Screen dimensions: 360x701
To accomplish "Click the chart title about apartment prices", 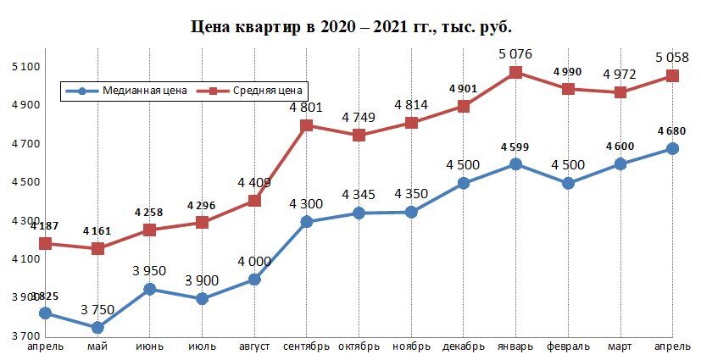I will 351,27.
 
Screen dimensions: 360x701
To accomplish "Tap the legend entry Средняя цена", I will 260,91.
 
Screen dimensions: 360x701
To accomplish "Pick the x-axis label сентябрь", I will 305,346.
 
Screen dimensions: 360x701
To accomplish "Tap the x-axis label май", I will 97,346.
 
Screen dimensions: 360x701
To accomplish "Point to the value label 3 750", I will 97,310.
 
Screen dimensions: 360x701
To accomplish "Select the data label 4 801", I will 305,108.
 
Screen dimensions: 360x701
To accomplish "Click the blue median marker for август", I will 254,280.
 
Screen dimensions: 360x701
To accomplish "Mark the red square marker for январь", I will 515,73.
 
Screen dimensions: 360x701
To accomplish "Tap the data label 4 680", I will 670,131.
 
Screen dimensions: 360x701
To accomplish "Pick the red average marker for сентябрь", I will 306,125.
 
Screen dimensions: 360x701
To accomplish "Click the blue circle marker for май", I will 97,328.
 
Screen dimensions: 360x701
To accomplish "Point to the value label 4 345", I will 359,195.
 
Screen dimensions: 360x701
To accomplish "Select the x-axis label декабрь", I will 463,346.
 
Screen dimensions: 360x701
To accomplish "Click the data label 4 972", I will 620,75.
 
